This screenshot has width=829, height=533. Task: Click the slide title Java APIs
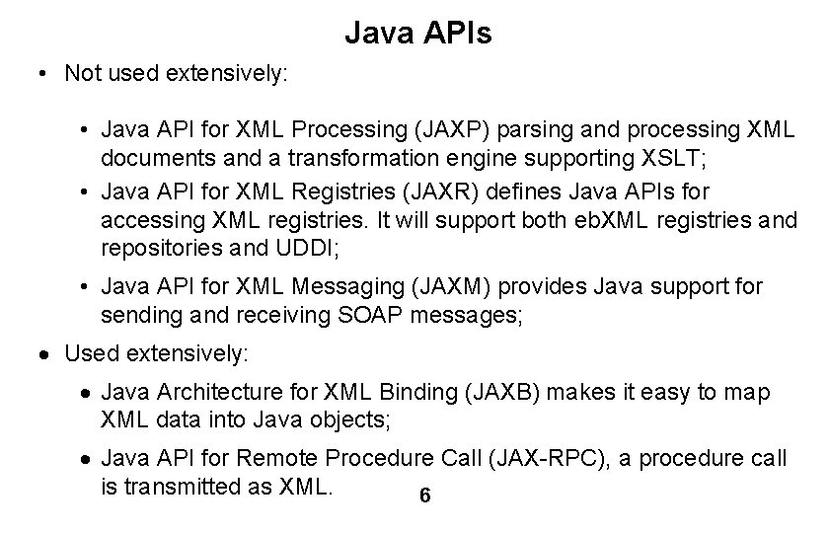(417, 36)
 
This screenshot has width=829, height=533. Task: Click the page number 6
(424, 496)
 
